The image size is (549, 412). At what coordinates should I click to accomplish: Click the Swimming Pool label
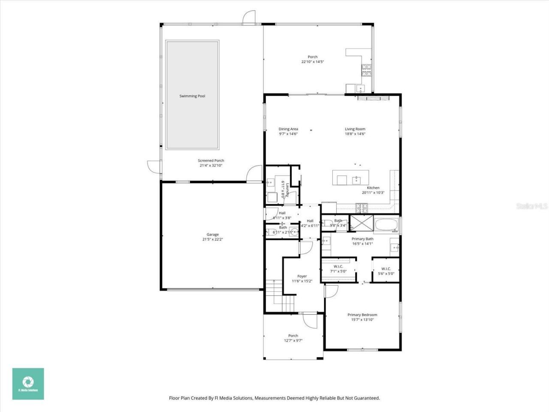192,96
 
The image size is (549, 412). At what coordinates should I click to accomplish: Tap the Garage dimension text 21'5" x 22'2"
213,239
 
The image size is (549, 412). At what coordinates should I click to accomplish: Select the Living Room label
355,129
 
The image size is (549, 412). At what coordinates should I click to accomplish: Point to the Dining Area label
288,129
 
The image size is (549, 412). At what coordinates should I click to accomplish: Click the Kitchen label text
373,188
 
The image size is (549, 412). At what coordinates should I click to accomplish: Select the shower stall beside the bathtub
361,223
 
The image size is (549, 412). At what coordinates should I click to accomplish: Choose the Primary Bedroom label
362,315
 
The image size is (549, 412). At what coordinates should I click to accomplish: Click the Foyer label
302,276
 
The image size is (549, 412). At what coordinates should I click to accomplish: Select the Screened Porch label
211,161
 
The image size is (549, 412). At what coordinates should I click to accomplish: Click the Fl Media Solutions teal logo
28,384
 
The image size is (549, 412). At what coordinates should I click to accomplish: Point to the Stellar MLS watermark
532,206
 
